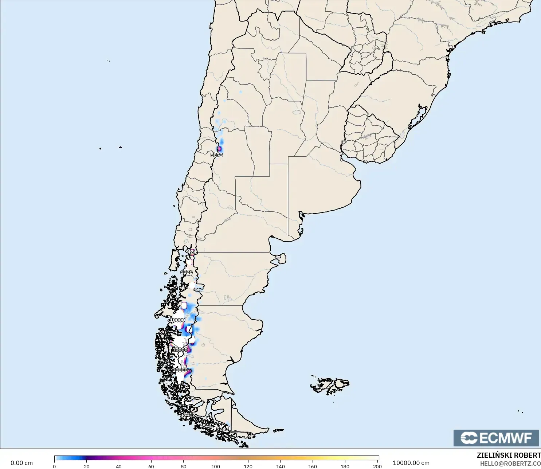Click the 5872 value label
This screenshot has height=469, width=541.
217,155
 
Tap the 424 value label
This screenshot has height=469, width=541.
192,252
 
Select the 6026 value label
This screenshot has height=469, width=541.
187,272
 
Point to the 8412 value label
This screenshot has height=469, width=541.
189,415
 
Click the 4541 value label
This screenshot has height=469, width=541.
206,426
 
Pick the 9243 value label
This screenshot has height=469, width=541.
223,429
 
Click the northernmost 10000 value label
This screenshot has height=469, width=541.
178,320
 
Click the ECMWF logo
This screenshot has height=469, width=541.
496,438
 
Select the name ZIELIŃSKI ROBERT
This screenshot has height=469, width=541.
509,455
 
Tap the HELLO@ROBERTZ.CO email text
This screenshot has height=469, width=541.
510,464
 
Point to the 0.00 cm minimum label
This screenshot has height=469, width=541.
21,463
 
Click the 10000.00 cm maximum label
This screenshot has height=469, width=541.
411,463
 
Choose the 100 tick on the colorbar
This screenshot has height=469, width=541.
216,466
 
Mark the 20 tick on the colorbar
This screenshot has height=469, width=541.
87,466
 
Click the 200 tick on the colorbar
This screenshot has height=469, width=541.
377,466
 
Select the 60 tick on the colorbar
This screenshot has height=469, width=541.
151,466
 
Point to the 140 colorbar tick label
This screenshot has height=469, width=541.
281,466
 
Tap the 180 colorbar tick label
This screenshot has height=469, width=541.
345,466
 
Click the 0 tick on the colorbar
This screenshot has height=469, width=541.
54,466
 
